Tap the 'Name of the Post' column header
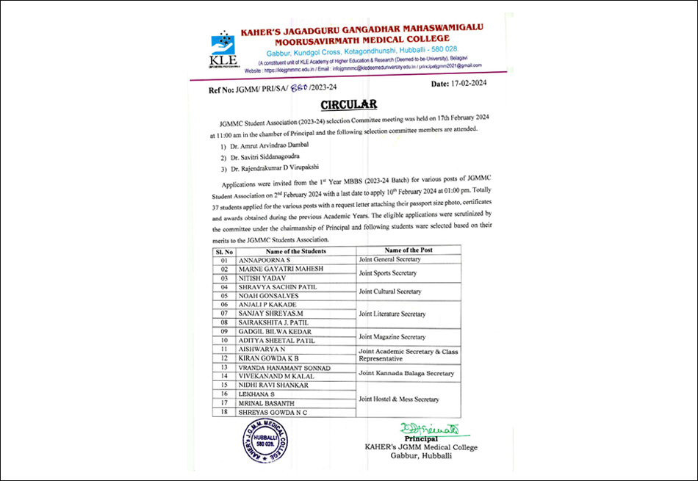coord(408,250)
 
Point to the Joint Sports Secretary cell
coord(388,273)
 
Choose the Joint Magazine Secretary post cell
coord(392,337)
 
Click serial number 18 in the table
coord(223,412)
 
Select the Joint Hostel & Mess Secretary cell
coord(398,399)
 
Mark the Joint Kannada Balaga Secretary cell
coord(406,373)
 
